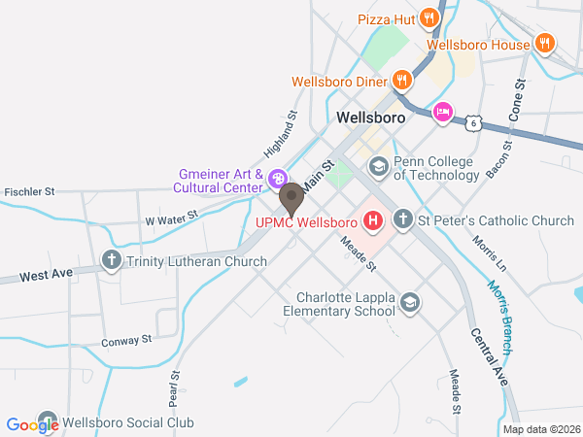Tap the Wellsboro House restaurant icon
(x=545, y=44)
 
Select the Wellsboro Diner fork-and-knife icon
(x=401, y=81)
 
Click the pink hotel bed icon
(x=443, y=113)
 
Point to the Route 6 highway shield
(x=472, y=123)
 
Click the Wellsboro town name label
(x=370, y=118)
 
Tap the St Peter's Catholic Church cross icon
(x=403, y=220)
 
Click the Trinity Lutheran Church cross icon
(x=111, y=261)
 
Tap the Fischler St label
(x=30, y=192)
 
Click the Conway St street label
(x=127, y=341)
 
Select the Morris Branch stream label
(x=497, y=316)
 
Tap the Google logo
(x=32, y=424)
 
